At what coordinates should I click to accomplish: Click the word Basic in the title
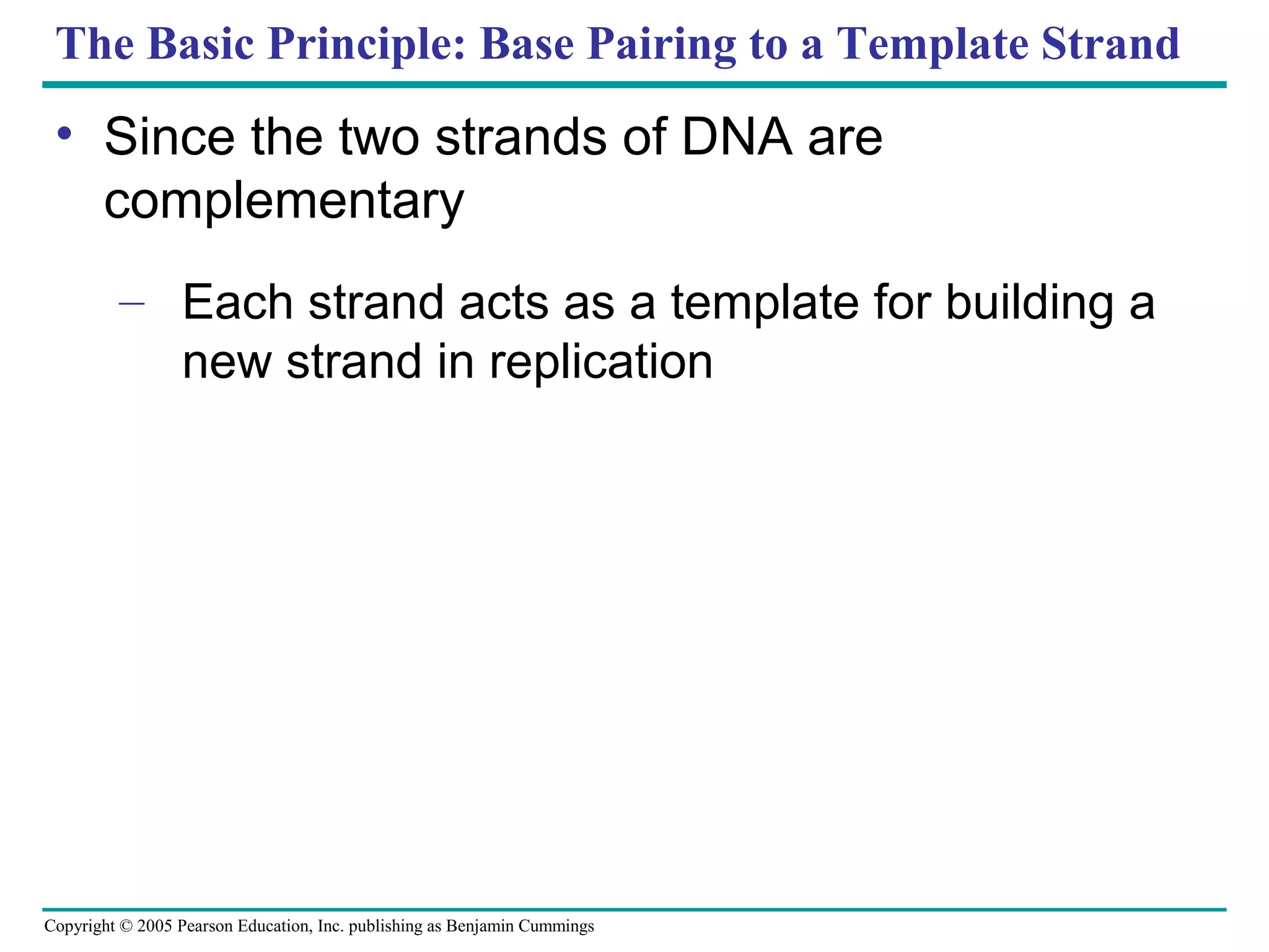point(200,44)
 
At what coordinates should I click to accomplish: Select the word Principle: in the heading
point(366,44)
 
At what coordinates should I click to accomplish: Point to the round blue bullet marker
point(64,133)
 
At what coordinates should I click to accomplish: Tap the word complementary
point(284,201)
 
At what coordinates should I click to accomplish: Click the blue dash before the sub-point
point(131,304)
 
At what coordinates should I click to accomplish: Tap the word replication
point(600,362)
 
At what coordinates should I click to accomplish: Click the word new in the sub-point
point(227,362)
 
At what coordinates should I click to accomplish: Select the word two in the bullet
point(379,137)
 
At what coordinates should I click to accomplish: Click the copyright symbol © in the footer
point(126,926)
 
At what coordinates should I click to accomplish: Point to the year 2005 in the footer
point(154,926)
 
